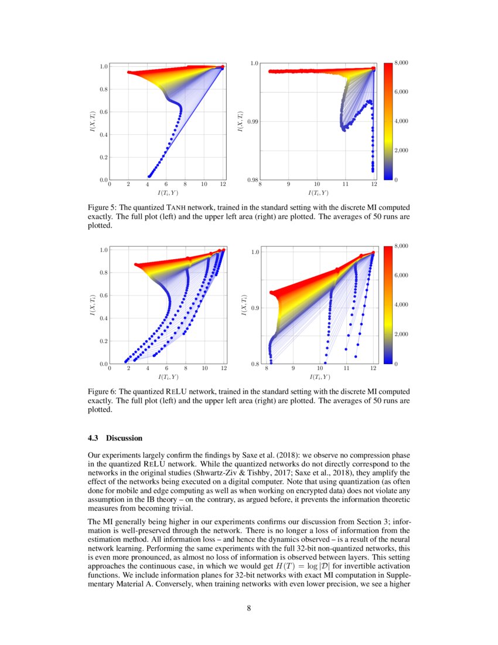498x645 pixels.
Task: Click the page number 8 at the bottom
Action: [249, 608]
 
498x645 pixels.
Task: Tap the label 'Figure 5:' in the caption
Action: [103, 208]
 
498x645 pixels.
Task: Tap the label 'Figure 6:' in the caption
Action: [103, 391]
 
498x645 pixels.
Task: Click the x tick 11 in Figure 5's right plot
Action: [345, 186]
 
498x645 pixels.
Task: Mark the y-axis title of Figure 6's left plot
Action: [91, 307]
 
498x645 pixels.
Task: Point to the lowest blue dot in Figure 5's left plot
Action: [149, 175]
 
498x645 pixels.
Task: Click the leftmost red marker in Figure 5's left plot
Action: [128, 73]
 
